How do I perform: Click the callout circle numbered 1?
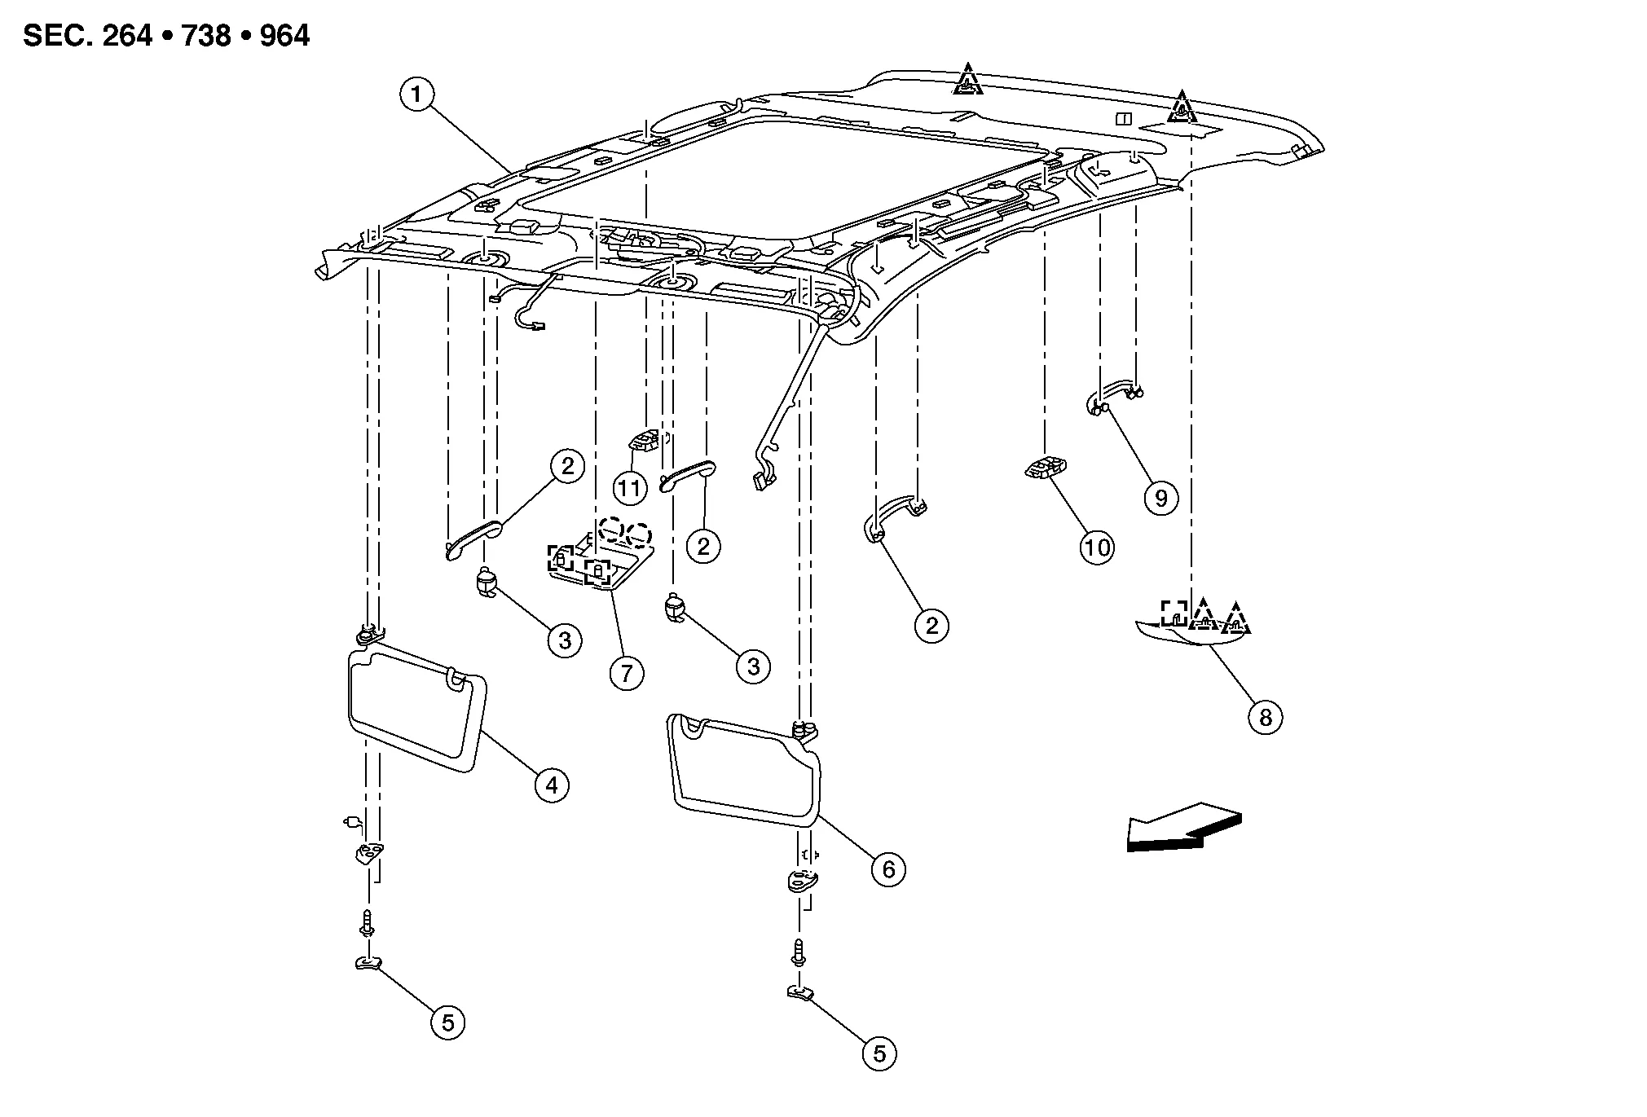click(416, 95)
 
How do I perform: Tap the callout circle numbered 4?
click(552, 785)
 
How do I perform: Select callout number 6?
click(887, 869)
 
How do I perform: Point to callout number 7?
click(627, 674)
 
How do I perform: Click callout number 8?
click(1265, 717)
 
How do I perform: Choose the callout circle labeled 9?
click(1160, 497)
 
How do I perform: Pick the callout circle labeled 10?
click(1097, 548)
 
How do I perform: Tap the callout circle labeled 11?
click(629, 489)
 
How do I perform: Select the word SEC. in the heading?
click(55, 36)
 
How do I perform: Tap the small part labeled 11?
click(645, 441)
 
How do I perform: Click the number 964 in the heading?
click(284, 36)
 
